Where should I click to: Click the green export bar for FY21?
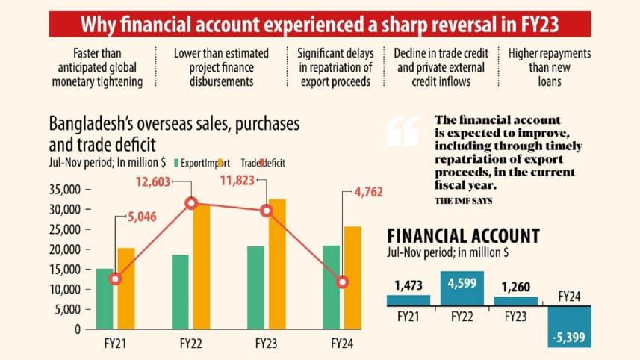pyautogui.click(x=105, y=299)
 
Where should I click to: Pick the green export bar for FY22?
pyautogui.click(x=180, y=291)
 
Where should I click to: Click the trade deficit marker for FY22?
pyautogui.click(x=191, y=203)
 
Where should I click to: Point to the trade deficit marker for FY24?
pyautogui.click(x=342, y=282)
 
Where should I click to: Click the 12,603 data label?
pyautogui.click(x=158, y=181)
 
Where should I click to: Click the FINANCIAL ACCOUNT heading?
pyautogui.click(x=463, y=236)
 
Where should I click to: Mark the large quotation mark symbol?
pyautogui.click(x=403, y=133)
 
